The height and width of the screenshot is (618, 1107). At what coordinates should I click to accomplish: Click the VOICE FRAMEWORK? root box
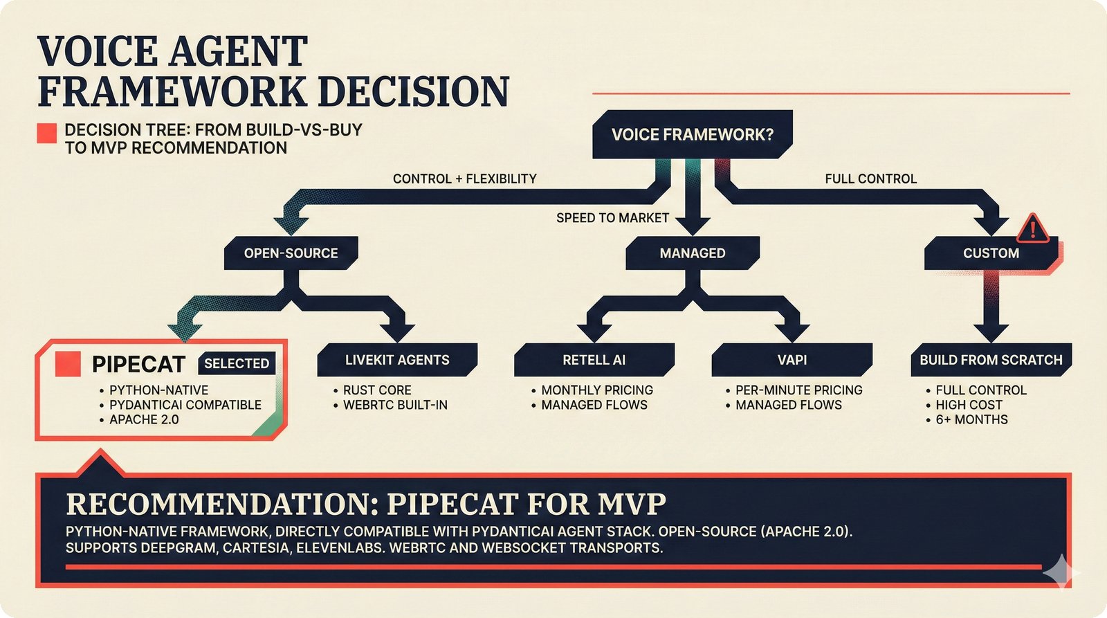click(x=692, y=134)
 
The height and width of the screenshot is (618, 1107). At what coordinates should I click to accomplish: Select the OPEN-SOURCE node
click(x=291, y=253)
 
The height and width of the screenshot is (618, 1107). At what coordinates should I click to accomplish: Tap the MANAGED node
click(x=692, y=253)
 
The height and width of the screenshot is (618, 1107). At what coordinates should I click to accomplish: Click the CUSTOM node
click(x=991, y=253)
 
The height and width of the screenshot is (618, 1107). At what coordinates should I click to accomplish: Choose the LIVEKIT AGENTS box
click(x=397, y=360)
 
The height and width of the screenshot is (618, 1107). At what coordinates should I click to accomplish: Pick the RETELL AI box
click(x=594, y=360)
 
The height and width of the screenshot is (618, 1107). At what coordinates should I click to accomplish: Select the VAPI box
click(x=792, y=360)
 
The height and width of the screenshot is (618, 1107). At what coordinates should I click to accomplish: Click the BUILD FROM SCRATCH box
click(x=991, y=360)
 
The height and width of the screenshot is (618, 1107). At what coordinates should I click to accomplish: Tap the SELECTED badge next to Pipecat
click(x=237, y=363)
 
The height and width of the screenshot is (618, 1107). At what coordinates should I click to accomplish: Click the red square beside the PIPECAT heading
click(x=68, y=364)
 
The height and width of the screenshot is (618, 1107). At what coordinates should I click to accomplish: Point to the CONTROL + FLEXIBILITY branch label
click(x=464, y=179)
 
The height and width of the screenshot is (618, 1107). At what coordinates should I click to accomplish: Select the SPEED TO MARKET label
click(x=612, y=218)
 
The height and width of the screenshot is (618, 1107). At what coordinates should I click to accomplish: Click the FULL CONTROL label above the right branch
click(x=870, y=179)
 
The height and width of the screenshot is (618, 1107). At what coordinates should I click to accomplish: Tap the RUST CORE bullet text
click(x=377, y=390)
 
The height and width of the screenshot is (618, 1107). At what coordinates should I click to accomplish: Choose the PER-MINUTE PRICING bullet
click(x=798, y=390)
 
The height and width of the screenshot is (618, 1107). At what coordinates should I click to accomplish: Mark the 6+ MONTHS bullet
click(x=971, y=419)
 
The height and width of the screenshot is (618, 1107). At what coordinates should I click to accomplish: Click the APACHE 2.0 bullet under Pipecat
click(x=144, y=419)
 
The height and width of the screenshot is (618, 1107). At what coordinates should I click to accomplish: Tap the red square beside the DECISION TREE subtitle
click(x=47, y=133)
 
